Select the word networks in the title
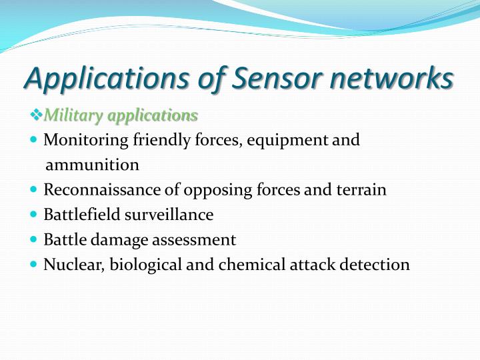pos(395,79)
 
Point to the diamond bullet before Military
pos(37,116)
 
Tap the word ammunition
pos(92,165)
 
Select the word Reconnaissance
pos(101,190)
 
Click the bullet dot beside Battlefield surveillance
pos(35,215)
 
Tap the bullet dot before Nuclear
pos(35,265)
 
